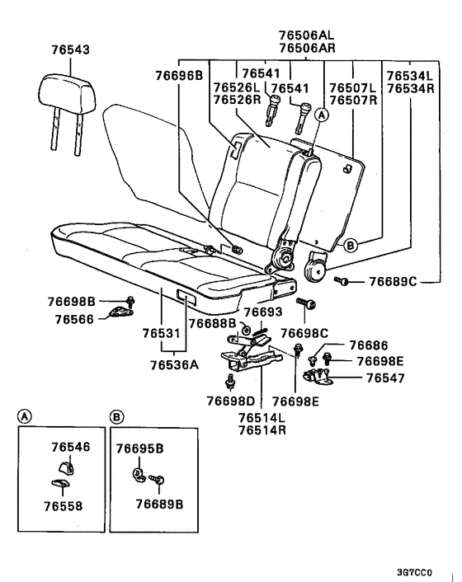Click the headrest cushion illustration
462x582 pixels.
point(64,88)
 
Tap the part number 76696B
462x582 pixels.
point(178,76)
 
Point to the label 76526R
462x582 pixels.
point(237,99)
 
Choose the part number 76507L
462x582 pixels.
point(352,87)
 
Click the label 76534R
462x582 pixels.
point(411,88)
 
